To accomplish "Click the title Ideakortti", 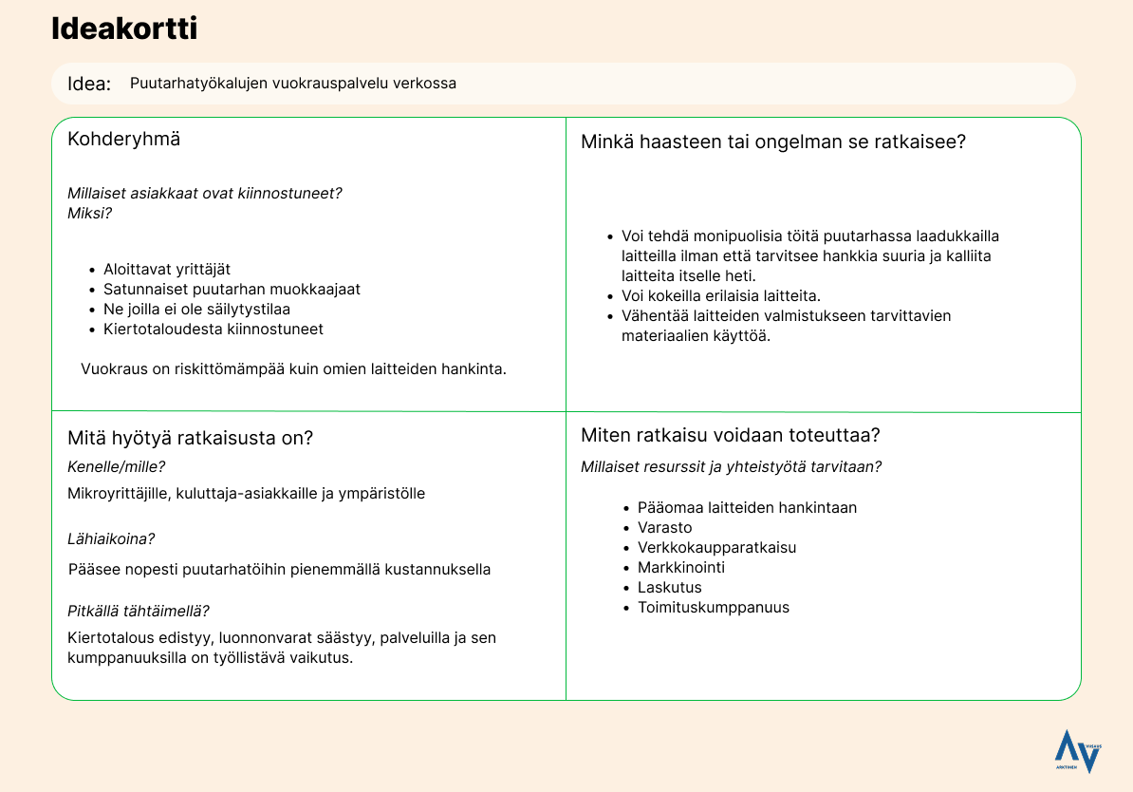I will click(124, 29).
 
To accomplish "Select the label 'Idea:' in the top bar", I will click(89, 84).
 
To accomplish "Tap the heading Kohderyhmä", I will click(123, 140).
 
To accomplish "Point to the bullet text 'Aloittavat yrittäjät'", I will click(167, 270).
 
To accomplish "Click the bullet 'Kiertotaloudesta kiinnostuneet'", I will click(214, 330).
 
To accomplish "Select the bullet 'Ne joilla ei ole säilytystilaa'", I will click(196, 310).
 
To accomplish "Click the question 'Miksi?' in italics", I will click(89, 213).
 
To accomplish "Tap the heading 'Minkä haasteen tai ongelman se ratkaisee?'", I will click(773, 142).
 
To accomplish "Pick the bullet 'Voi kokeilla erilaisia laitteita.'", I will click(721, 295).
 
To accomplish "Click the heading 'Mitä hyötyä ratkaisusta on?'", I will click(190, 438).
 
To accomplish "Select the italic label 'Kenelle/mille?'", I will click(116, 466).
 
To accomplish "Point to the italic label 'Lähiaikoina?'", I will click(111, 538).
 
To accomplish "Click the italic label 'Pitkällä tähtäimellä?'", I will click(139, 611).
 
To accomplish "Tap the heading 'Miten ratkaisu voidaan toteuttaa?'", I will click(731, 436).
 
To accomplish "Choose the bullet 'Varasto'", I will click(664, 528).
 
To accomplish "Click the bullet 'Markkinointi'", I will click(680, 568).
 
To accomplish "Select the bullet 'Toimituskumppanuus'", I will click(713, 608).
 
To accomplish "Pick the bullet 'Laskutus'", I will click(669, 588).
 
